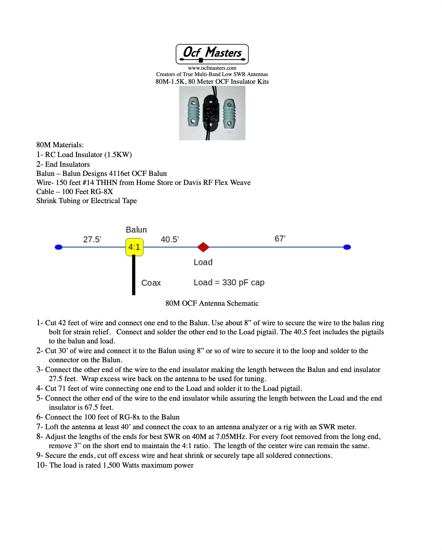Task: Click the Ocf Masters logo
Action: click(x=212, y=54)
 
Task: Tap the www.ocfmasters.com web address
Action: click(x=212, y=68)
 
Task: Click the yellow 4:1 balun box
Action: click(x=134, y=247)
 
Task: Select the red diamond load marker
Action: click(x=203, y=247)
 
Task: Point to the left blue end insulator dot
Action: click(x=59, y=247)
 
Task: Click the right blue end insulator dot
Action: click(x=347, y=247)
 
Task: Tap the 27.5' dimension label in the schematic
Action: click(x=92, y=239)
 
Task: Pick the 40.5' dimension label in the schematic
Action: click(x=170, y=239)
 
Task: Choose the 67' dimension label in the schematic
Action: click(x=280, y=239)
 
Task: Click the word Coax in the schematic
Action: click(x=151, y=283)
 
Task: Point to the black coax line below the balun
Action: click(x=134, y=276)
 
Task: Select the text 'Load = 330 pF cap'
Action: click(x=229, y=282)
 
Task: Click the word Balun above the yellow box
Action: click(x=136, y=230)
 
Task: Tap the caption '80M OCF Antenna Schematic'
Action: click(x=212, y=303)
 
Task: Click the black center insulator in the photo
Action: click(x=211, y=112)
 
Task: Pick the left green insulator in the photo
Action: click(x=193, y=112)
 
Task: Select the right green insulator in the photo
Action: click(x=229, y=113)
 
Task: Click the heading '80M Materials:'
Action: click(x=60, y=145)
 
